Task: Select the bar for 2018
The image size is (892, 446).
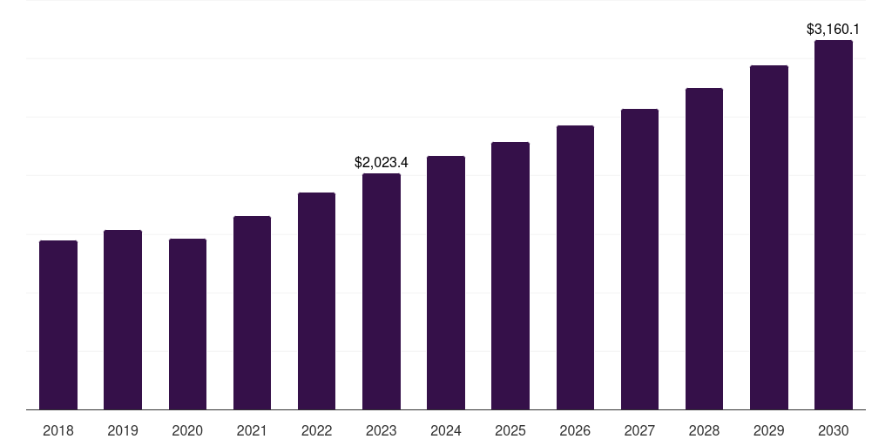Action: [58, 325]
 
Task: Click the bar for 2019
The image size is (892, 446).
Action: [123, 320]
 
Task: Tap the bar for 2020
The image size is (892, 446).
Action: [187, 324]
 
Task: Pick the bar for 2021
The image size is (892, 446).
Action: [252, 313]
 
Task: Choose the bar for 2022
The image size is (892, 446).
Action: [316, 301]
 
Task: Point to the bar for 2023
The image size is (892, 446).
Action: [382, 291]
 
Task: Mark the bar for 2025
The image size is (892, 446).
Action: [510, 275]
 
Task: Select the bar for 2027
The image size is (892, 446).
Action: [639, 259]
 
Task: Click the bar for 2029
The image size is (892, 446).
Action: [769, 237]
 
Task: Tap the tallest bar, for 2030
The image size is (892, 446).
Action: [834, 225]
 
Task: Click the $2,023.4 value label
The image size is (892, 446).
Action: [382, 162]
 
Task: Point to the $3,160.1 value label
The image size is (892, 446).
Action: [834, 30]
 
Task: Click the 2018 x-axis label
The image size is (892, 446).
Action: [58, 430]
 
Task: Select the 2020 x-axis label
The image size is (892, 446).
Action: [187, 430]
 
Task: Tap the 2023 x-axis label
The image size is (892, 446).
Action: [382, 430]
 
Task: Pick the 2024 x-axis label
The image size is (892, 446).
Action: [446, 430]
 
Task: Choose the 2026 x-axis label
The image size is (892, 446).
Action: [575, 430]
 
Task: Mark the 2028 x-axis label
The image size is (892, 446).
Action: [704, 430]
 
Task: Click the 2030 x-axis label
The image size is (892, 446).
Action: [834, 430]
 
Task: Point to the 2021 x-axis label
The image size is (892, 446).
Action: [252, 430]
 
